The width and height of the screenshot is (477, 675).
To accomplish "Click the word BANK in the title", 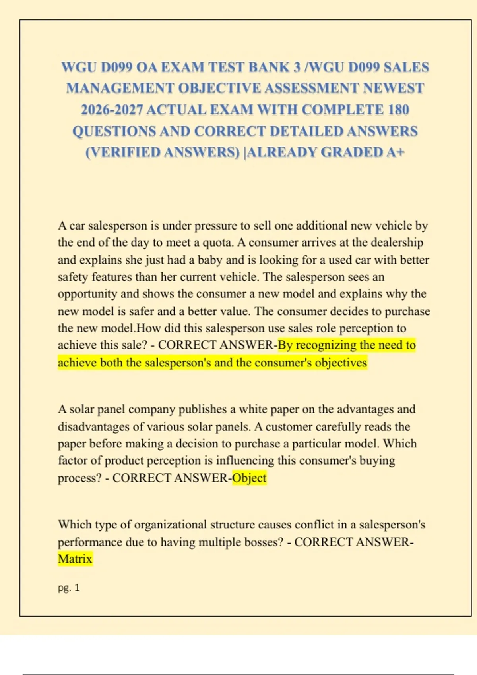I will [269, 67].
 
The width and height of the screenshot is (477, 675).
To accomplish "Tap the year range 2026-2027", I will [112, 110].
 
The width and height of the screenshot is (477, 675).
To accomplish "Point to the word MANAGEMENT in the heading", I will [120, 88].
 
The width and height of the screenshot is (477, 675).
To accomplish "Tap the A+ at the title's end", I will [395, 152].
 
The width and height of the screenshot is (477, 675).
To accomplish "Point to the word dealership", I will [397, 243].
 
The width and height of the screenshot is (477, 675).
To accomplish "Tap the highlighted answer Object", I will [249, 478].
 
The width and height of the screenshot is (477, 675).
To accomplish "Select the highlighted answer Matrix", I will [75, 559].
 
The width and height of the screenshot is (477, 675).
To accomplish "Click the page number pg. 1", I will [69, 588].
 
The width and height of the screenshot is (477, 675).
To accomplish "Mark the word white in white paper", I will [253, 409].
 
